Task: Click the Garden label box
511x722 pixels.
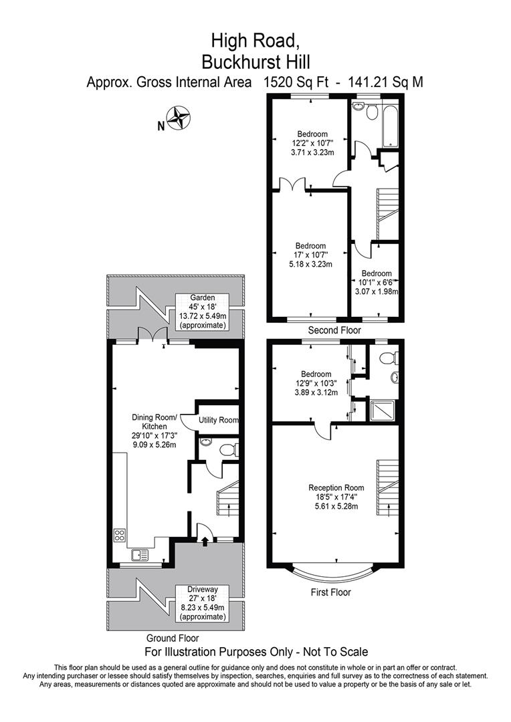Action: pos(201,312)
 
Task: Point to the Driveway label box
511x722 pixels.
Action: pos(201,602)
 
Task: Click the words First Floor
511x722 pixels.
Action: pos(330,592)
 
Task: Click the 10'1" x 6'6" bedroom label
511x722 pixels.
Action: pos(377,282)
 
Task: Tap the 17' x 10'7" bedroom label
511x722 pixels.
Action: pos(311,255)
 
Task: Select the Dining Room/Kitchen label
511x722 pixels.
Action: pos(155,431)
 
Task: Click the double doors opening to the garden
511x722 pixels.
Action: pos(155,334)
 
